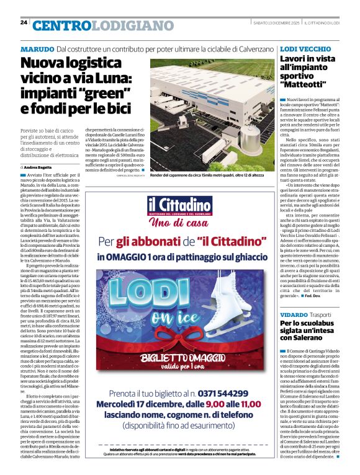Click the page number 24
click(x=24, y=22)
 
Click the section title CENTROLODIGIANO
click(x=94, y=25)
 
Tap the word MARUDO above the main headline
click(x=37, y=49)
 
